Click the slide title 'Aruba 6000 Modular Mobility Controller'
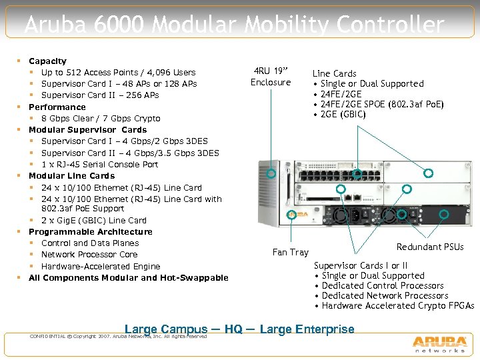coord(234,25)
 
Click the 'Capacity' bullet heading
coord(47,61)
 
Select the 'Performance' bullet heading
coord(57,107)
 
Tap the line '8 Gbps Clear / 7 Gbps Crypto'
coord(101,118)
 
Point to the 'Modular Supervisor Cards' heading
coord(87,129)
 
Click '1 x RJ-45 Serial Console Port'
coord(99,164)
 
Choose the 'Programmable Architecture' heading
coord(90,231)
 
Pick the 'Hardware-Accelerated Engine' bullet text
coord(101,266)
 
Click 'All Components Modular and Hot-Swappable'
coord(128,277)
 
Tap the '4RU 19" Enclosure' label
coord(271,77)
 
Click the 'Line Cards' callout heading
coord(335,73)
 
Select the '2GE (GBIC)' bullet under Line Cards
coord(343,114)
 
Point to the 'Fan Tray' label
coord(290,252)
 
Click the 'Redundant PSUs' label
coord(430,247)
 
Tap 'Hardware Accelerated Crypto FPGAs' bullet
coord(397,305)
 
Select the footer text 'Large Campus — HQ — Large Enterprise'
coord(239,329)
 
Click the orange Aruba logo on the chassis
coord(300,215)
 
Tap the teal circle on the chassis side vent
coord(271,173)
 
